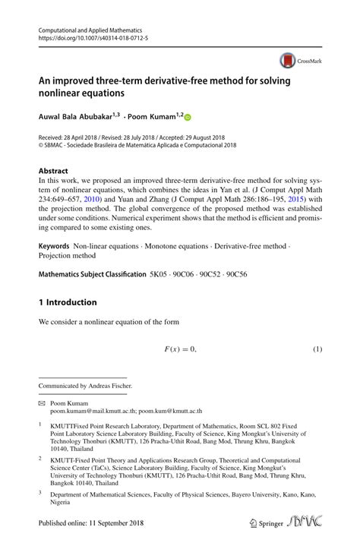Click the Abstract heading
pos(53,171)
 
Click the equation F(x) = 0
pos(180,349)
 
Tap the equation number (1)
pos(318,349)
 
